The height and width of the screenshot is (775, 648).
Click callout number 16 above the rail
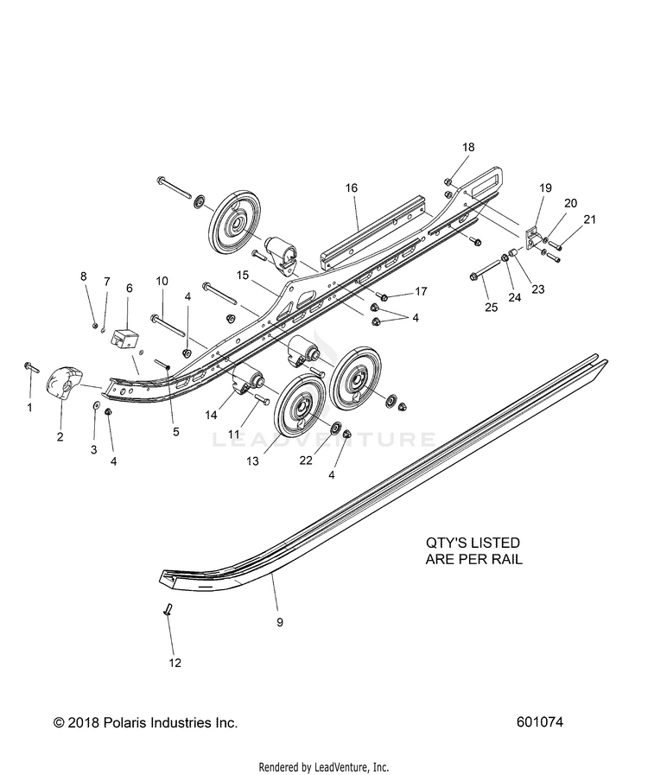pyautogui.click(x=352, y=187)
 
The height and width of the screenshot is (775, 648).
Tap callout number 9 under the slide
pyautogui.click(x=280, y=622)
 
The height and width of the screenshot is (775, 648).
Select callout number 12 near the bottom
pyautogui.click(x=175, y=663)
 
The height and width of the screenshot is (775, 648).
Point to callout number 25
pyautogui.click(x=492, y=307)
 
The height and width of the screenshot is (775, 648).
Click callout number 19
pyautogui.click(x=546, y=187)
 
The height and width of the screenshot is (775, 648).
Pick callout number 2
pyautogui.click(x=60, y=436)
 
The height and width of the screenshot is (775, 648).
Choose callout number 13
pyautogui.click(x=252, y=461)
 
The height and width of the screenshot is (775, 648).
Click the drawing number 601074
pyautogui.click(x=540, y=722)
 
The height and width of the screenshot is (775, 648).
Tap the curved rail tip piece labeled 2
pyautogui.click(x=64, y=383)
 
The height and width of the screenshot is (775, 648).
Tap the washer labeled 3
pyautogui.click(x=95, y=406)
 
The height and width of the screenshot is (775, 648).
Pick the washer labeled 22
pyautogui.click(x=335, y=426)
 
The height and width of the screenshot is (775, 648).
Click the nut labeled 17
pyautogui.click(x=384, y=297)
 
